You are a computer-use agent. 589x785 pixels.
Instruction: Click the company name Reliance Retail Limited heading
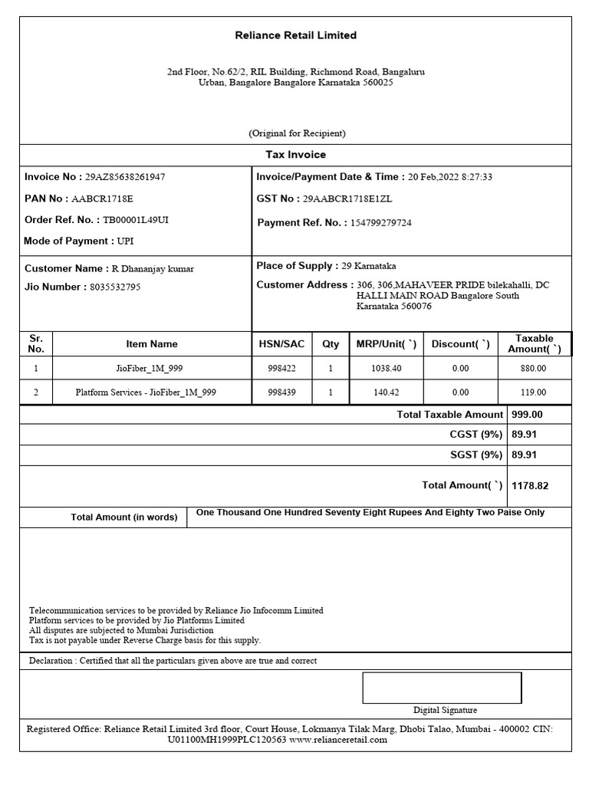tap(295, 35)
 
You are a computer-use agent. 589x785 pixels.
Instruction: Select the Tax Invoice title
tap(295, 155)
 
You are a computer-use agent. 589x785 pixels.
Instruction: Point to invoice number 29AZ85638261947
tap(125, 177)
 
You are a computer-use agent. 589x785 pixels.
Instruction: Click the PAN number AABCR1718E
tap(102, 199)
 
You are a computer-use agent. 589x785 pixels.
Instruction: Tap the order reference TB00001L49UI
tap(136, 220)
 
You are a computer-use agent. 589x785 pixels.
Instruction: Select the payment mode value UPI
tap(125, 241)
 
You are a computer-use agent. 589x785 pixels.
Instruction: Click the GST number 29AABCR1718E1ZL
tap(347, 199)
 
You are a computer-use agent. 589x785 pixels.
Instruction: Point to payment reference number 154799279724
tap(380, 223)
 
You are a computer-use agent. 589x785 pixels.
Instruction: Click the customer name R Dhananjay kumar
tap(153, 269)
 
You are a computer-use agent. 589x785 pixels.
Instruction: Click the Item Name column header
tap(152, 344)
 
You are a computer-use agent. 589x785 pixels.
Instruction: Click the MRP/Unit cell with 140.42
tap(386, 392)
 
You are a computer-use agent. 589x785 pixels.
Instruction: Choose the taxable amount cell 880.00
tap(533, 369)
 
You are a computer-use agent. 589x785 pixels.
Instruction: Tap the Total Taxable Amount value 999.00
tap(527, 415)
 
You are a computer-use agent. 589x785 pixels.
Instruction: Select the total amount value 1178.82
tap(530, 486)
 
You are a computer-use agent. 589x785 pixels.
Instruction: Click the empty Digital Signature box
tap(442, 688)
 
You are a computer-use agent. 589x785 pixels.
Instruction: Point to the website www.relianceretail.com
tap(338, 741)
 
